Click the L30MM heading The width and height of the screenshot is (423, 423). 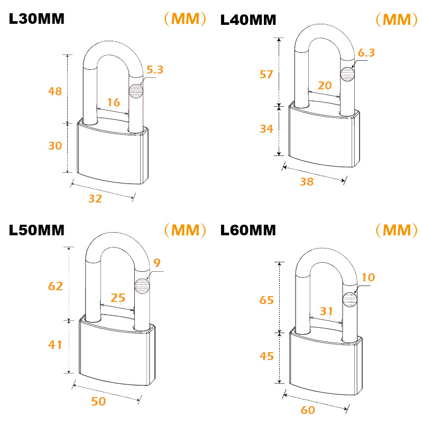tap(36, 19)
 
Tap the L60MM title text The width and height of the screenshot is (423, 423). tap(248, 231)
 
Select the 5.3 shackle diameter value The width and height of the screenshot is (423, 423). tap(155, 70)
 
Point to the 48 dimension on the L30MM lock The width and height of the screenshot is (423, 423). tap(55, 91)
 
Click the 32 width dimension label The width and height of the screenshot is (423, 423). tap(95, 199)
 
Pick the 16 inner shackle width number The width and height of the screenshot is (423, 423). tap(114, 103)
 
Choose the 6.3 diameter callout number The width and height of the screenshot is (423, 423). tap(366, 52)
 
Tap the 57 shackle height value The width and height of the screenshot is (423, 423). tap(266, 74)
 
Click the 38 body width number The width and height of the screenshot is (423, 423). tap(307, 182)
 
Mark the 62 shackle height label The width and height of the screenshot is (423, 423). tap(56, 286)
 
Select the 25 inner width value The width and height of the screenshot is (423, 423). tap(118, 298)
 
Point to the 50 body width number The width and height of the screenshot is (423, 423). tap(98, 401)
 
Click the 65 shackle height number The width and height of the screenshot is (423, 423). tap(266, 300)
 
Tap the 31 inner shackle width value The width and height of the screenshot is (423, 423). tap(326, 311)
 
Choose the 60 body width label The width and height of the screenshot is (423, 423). tap(308, 410)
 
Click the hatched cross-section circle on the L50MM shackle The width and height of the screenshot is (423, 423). tap(142, 286)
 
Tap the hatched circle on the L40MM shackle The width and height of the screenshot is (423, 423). tap(347, 74)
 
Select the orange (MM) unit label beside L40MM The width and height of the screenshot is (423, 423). tap(397, 20)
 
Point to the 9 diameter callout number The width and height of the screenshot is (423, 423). tap(157, 263)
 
